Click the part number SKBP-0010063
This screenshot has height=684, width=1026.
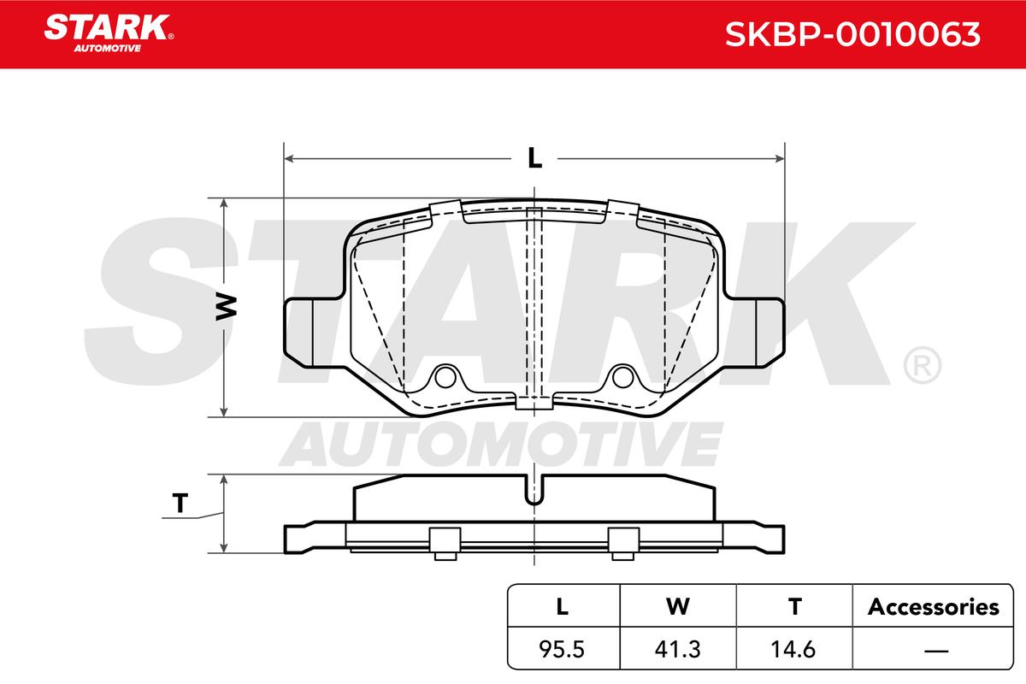pos(852,34)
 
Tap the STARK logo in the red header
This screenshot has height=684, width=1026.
pos(109,33)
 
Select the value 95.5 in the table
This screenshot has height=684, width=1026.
pos(562,649)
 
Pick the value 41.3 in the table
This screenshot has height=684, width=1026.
pos(677,649)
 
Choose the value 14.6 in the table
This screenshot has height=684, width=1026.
pos(793,649)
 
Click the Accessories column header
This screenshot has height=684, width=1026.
pos(933,607)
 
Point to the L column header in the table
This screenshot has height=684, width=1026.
pos(562,607)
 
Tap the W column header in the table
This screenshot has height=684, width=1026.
pos(678,607)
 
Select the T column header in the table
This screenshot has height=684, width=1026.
pos(794,607)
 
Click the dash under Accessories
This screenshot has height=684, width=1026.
pos(936,650)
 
